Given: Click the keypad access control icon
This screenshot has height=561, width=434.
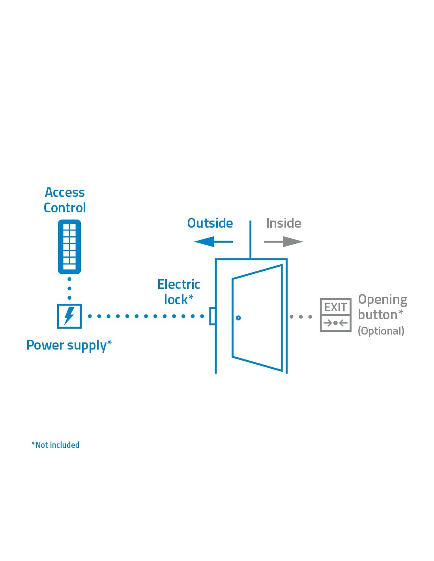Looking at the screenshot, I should tap(69, 247).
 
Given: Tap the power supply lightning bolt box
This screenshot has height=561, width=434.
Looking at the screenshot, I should tap(69, 316).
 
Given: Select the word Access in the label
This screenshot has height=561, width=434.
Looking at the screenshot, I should tap(65, 193).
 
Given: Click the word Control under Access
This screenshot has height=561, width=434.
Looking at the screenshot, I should tap(65, 208).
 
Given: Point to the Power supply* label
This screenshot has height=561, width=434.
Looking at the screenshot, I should tap(69, 346).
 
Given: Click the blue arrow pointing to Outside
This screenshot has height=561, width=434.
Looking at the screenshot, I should tap(213, 241).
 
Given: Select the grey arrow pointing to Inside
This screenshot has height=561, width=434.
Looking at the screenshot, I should tap(283, 241).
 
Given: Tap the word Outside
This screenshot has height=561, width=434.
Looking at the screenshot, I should tap(210, 223).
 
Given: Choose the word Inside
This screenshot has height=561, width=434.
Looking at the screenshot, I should tap(283, 223).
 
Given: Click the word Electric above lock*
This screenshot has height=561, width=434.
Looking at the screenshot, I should tap(179, 284).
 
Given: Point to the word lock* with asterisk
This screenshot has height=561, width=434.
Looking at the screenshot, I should tap(179, 300).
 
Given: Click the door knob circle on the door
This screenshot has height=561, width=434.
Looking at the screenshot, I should tap(238, 318).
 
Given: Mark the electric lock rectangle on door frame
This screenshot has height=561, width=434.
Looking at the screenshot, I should tap(213, 316).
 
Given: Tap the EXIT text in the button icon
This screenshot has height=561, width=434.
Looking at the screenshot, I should tap(335, 307).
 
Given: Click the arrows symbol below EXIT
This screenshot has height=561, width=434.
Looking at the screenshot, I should tap(335, 323).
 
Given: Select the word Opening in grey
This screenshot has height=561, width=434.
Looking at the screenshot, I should tap(382, 300).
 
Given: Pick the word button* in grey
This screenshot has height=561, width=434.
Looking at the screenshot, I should tap(380, 315).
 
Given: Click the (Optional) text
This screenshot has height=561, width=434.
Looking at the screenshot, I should tap(381, 331).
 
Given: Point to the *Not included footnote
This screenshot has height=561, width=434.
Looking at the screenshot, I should tap(56, 445).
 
